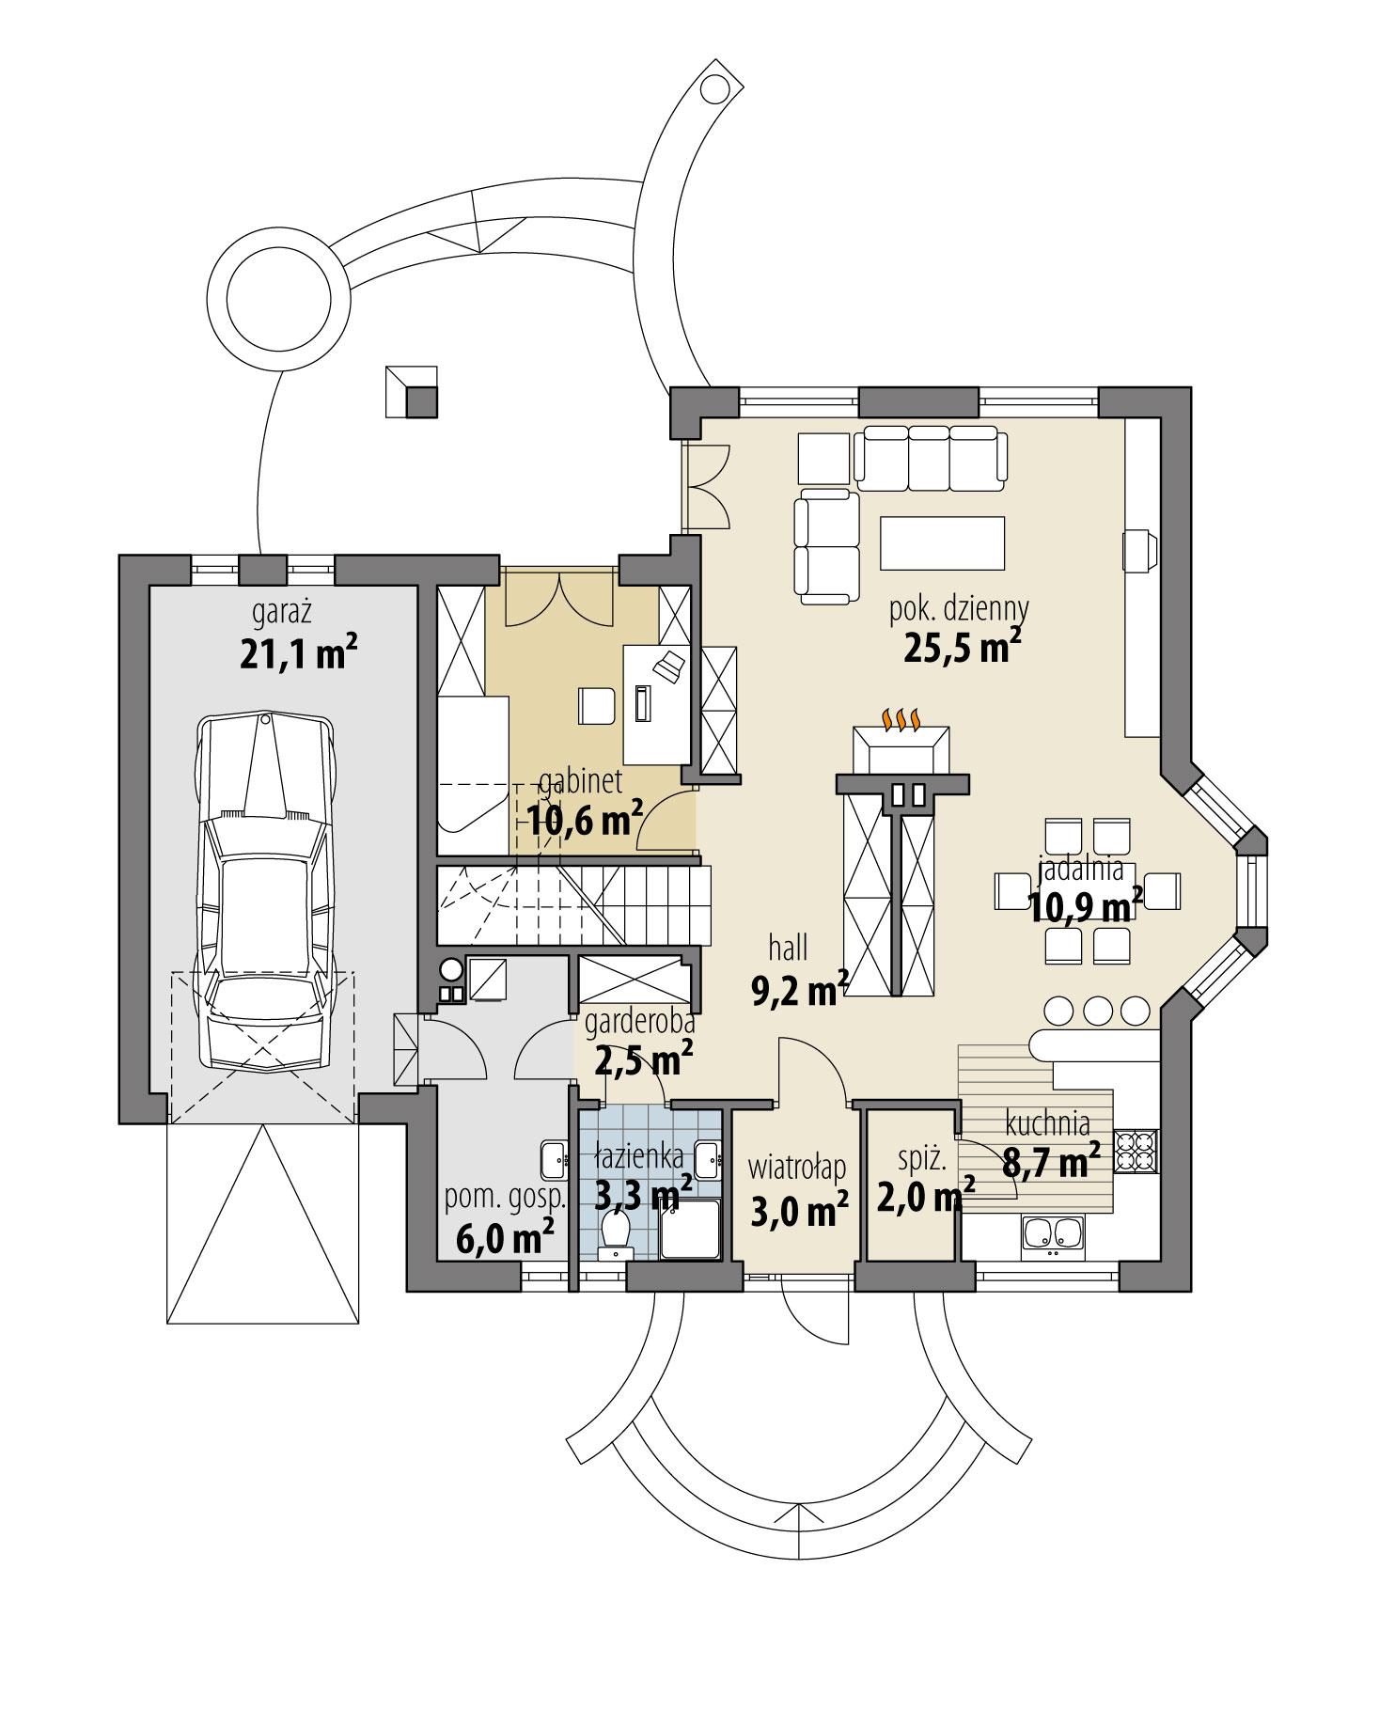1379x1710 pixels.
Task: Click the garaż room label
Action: pyautogui.click(x=282, y=613)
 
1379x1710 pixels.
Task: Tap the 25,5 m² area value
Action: pyautogui.click(x=962, y=648)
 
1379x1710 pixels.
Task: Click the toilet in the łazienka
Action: pyautogui.click(x=617, y=1232)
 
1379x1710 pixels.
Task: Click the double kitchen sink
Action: pyautogui.click(x=1053, y=1235)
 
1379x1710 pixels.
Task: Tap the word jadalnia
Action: pyautogui.click(x=1080, y=869)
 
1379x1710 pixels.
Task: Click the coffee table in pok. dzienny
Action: pyautogui.click(x=941, y=542)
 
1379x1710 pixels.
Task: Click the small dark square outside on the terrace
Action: pyautogui.click(x=421, y=402)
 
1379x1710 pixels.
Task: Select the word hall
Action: pyautogui.click(x=788, y=949)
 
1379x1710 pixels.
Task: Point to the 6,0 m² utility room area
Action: pyautogui.click(x=505, y=1236)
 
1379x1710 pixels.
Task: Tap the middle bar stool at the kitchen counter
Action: pyautogui.click(x=1098, y=1010)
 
